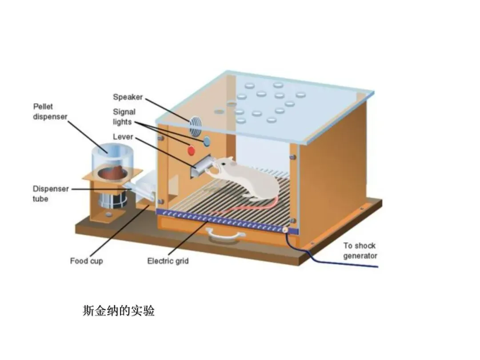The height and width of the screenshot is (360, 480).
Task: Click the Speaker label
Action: (128, 97)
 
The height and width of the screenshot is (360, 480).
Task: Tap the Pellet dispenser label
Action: (50, 112)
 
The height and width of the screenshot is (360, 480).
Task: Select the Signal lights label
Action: (124, 117)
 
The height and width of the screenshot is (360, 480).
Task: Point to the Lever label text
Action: (123, 137)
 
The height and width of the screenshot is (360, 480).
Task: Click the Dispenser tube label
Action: (51, 194)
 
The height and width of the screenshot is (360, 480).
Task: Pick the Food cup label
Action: (86, 261)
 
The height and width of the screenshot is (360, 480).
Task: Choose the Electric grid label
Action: (168, 261)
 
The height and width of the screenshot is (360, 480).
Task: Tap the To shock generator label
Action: (360, 251)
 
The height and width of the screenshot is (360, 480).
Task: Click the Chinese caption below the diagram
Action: (119, 311)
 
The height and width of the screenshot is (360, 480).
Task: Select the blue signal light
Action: (207, 141)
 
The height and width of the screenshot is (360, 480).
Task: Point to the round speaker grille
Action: (195, 126)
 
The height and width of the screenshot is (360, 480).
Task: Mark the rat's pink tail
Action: (249, 208)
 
